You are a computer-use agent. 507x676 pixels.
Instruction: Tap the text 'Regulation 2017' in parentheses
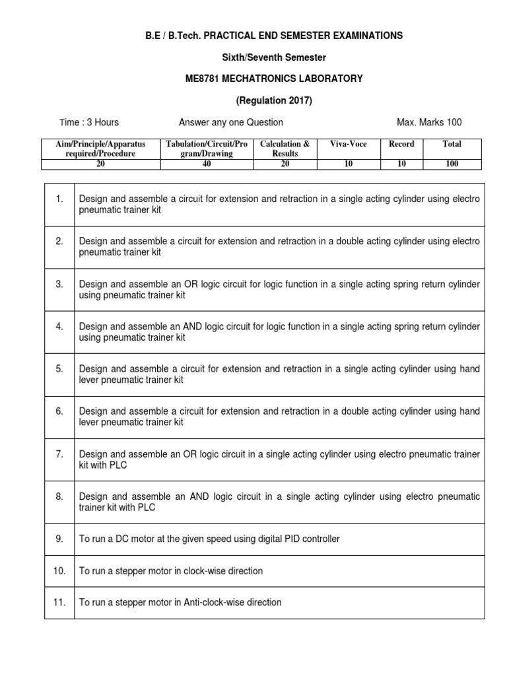(x=273, y=100)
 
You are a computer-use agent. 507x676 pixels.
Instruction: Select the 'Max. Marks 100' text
(x=429, y=122)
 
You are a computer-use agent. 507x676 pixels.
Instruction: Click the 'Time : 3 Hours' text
(x=89, y=122)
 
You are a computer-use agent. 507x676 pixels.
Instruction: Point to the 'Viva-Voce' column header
(x=348, y=144)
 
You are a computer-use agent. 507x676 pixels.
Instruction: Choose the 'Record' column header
(x=401, y=144)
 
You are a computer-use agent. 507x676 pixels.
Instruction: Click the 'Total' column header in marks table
(x=452, y=144)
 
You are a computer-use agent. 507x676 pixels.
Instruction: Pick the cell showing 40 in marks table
(x=207, y=164)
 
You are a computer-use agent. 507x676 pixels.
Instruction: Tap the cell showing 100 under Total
(x=452, y=164)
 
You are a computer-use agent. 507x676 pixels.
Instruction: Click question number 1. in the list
(x=59, y=199)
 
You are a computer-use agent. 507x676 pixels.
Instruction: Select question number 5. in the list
(x=59, y=368)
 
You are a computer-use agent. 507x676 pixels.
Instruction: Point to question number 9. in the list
(x=59, y=539)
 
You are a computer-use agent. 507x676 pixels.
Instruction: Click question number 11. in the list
(x=59, y=602)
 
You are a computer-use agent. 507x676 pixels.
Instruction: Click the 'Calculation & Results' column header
(x=285, y=149)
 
